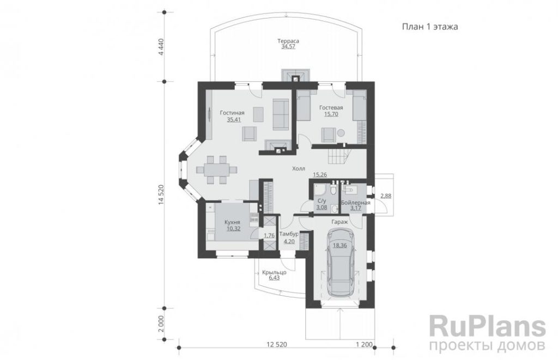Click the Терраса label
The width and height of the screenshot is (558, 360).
click(x=288, y=40)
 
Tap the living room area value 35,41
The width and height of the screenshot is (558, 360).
click(x=234, y=119)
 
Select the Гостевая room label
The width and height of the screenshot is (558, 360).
click(x=331, y=107)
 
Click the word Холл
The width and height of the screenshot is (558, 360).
click(x=299, y=169)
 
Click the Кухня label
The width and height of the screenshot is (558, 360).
click(x=232, y=222)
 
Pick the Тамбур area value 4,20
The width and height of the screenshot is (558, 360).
click(x=289, y=241)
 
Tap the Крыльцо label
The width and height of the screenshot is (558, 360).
click(x=275, y=272)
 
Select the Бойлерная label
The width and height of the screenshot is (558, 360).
click(x=355, y=203)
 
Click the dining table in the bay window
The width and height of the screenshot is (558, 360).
click(x=217, y=169)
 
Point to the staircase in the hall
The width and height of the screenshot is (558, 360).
click(x=338, y=156)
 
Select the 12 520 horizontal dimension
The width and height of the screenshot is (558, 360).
click(x=276, y=344)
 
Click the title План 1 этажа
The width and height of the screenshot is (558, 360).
click(x=430, y=27)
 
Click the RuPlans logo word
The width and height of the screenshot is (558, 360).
click(x=488, y=326)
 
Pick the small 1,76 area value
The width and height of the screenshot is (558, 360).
click(x=269, y=235)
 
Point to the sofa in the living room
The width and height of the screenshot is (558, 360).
click(x=281, y=114)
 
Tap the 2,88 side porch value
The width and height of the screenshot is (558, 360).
click(x=385, y=196)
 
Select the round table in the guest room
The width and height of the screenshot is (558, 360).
click(x=341, y=133)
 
